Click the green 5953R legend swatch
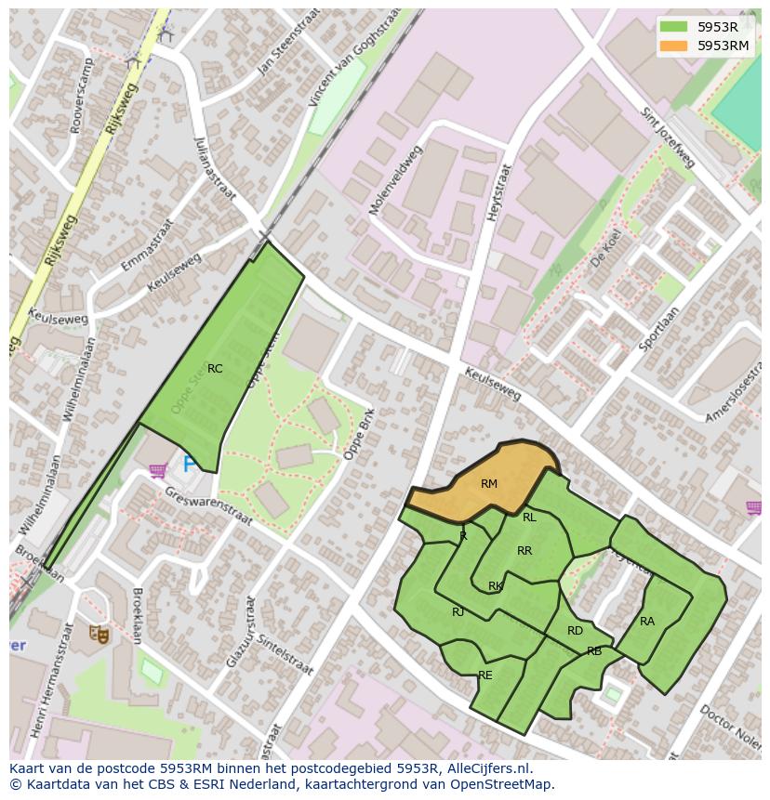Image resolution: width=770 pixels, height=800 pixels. [674, 27]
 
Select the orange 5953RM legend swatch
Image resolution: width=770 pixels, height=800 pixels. [674, 46]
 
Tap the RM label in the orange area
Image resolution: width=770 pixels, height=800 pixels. [489, 484]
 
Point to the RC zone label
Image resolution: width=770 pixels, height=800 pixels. [215, 369]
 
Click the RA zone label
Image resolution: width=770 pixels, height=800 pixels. [647, 622]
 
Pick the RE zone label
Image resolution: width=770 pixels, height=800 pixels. [485, 675]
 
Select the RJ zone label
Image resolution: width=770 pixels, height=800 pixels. [458, 612]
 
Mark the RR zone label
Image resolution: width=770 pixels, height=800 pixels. [524, 551]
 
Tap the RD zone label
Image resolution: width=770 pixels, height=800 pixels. [575, 631]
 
